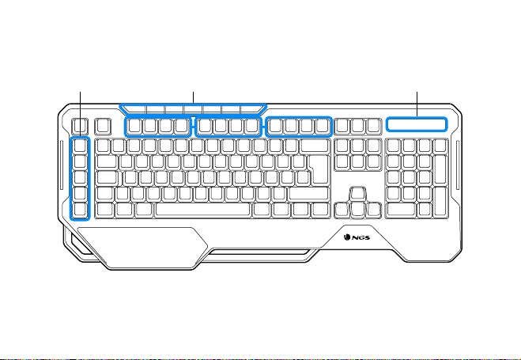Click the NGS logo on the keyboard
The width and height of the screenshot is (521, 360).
(357, 237)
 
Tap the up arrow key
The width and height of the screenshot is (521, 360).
(357, 194)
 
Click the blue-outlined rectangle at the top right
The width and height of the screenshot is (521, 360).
(417, 124)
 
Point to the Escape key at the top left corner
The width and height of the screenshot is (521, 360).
(80, 127)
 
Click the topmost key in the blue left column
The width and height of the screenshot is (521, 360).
(80, 146)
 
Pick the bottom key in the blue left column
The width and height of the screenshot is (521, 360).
(80, 210)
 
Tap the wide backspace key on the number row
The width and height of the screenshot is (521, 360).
(315, 146)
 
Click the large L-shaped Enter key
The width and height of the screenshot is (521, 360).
(319, 169)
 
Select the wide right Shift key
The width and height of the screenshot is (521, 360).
(308, 194)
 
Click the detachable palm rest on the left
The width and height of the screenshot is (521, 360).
(142, 248)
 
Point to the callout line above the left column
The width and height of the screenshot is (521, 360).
(80, 114)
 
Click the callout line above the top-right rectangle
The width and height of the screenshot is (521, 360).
(417, 104)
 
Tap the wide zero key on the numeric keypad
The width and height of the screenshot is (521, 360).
(401, 210)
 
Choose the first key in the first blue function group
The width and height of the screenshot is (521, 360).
(134, 127)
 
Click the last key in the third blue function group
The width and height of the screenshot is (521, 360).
(322, 127)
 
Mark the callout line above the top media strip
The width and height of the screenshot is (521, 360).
(193, 98)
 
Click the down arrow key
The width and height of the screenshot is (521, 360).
(357, 210)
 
